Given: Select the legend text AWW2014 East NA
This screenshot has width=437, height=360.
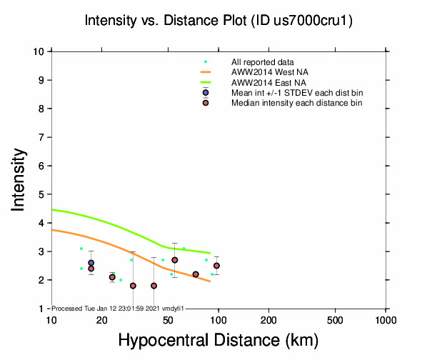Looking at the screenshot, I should (269, 83).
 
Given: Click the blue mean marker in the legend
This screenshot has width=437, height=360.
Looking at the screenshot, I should (206, 93).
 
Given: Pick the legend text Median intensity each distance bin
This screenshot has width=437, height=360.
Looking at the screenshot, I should (296, 103).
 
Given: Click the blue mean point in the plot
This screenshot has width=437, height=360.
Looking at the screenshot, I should (91, 263).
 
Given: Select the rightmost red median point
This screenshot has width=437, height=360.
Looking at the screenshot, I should (216, 266).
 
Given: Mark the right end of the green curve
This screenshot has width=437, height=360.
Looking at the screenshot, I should (210, 253).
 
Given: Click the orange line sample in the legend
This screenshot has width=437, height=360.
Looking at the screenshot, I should (206, 73).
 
